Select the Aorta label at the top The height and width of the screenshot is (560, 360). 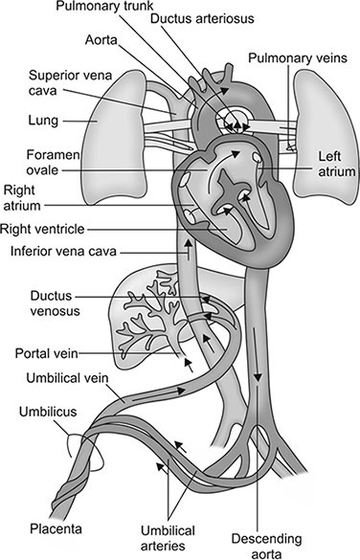pos(102,43)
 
